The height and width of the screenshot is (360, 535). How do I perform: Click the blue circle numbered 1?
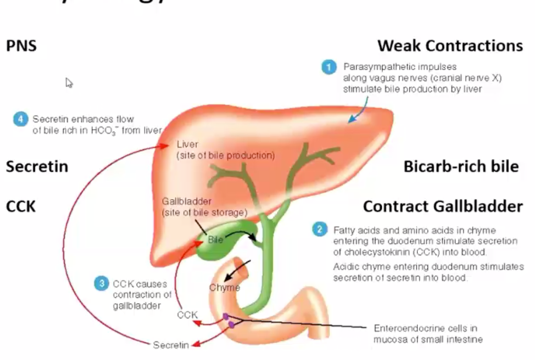(x=329, y=67)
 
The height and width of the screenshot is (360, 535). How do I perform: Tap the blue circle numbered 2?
(x=320, y=229)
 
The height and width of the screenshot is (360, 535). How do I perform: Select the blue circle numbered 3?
(x=101, y=284)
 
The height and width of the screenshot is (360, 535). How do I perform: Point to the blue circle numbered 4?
(x=20, y=119)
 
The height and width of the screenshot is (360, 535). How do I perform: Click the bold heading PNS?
(x=21, y=46)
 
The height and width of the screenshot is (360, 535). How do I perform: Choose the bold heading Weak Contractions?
(x=450, y=46)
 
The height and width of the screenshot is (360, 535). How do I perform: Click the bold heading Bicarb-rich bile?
(x=461, y=166)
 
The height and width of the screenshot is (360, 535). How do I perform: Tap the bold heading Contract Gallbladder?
(x=442, y=206)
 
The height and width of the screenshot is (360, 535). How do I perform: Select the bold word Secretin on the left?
(x=37, y=166)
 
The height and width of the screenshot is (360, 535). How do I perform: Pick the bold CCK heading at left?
(x=21, y=206)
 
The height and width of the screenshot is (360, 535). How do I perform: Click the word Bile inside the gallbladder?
(x=215, y=239)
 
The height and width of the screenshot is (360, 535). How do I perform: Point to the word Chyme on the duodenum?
(x=225, y=287)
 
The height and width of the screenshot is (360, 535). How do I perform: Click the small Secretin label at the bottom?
(x=171, y=345)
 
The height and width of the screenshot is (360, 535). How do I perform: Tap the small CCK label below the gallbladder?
(x=187, y=315)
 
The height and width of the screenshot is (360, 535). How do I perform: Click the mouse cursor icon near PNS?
(x=69, y=83)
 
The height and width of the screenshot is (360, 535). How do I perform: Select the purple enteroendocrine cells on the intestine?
(x=228, y=320)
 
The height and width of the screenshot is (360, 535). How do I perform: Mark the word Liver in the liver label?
(x=188, y=144)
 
